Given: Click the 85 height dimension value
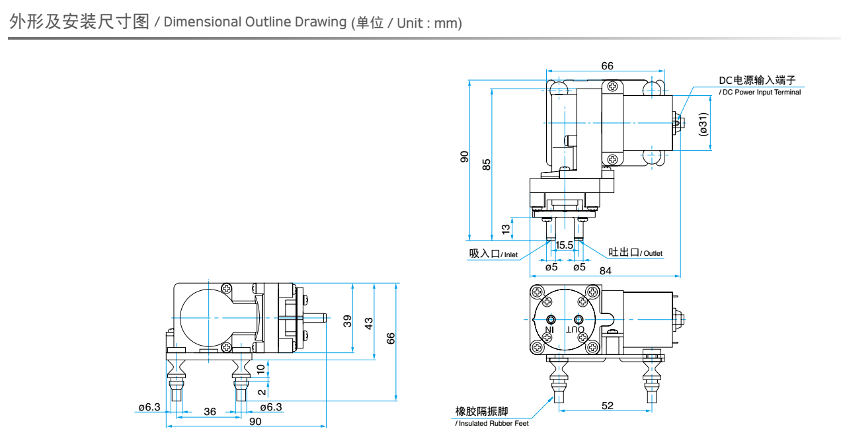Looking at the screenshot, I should [x=487, y=165].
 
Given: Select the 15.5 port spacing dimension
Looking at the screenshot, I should [x=564, y=245].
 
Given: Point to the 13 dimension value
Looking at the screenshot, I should [x=506, y=229].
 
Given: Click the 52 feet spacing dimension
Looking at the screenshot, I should [x=608, y=405].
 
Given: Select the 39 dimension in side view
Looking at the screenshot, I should [x=348, y=321].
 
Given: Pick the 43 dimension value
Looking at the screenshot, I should [x=369, y=323].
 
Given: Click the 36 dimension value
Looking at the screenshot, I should [x=210, y=411].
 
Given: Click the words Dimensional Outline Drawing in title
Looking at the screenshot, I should [x=255, y=22].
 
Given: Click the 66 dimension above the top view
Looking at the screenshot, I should [x=607, y=65].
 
